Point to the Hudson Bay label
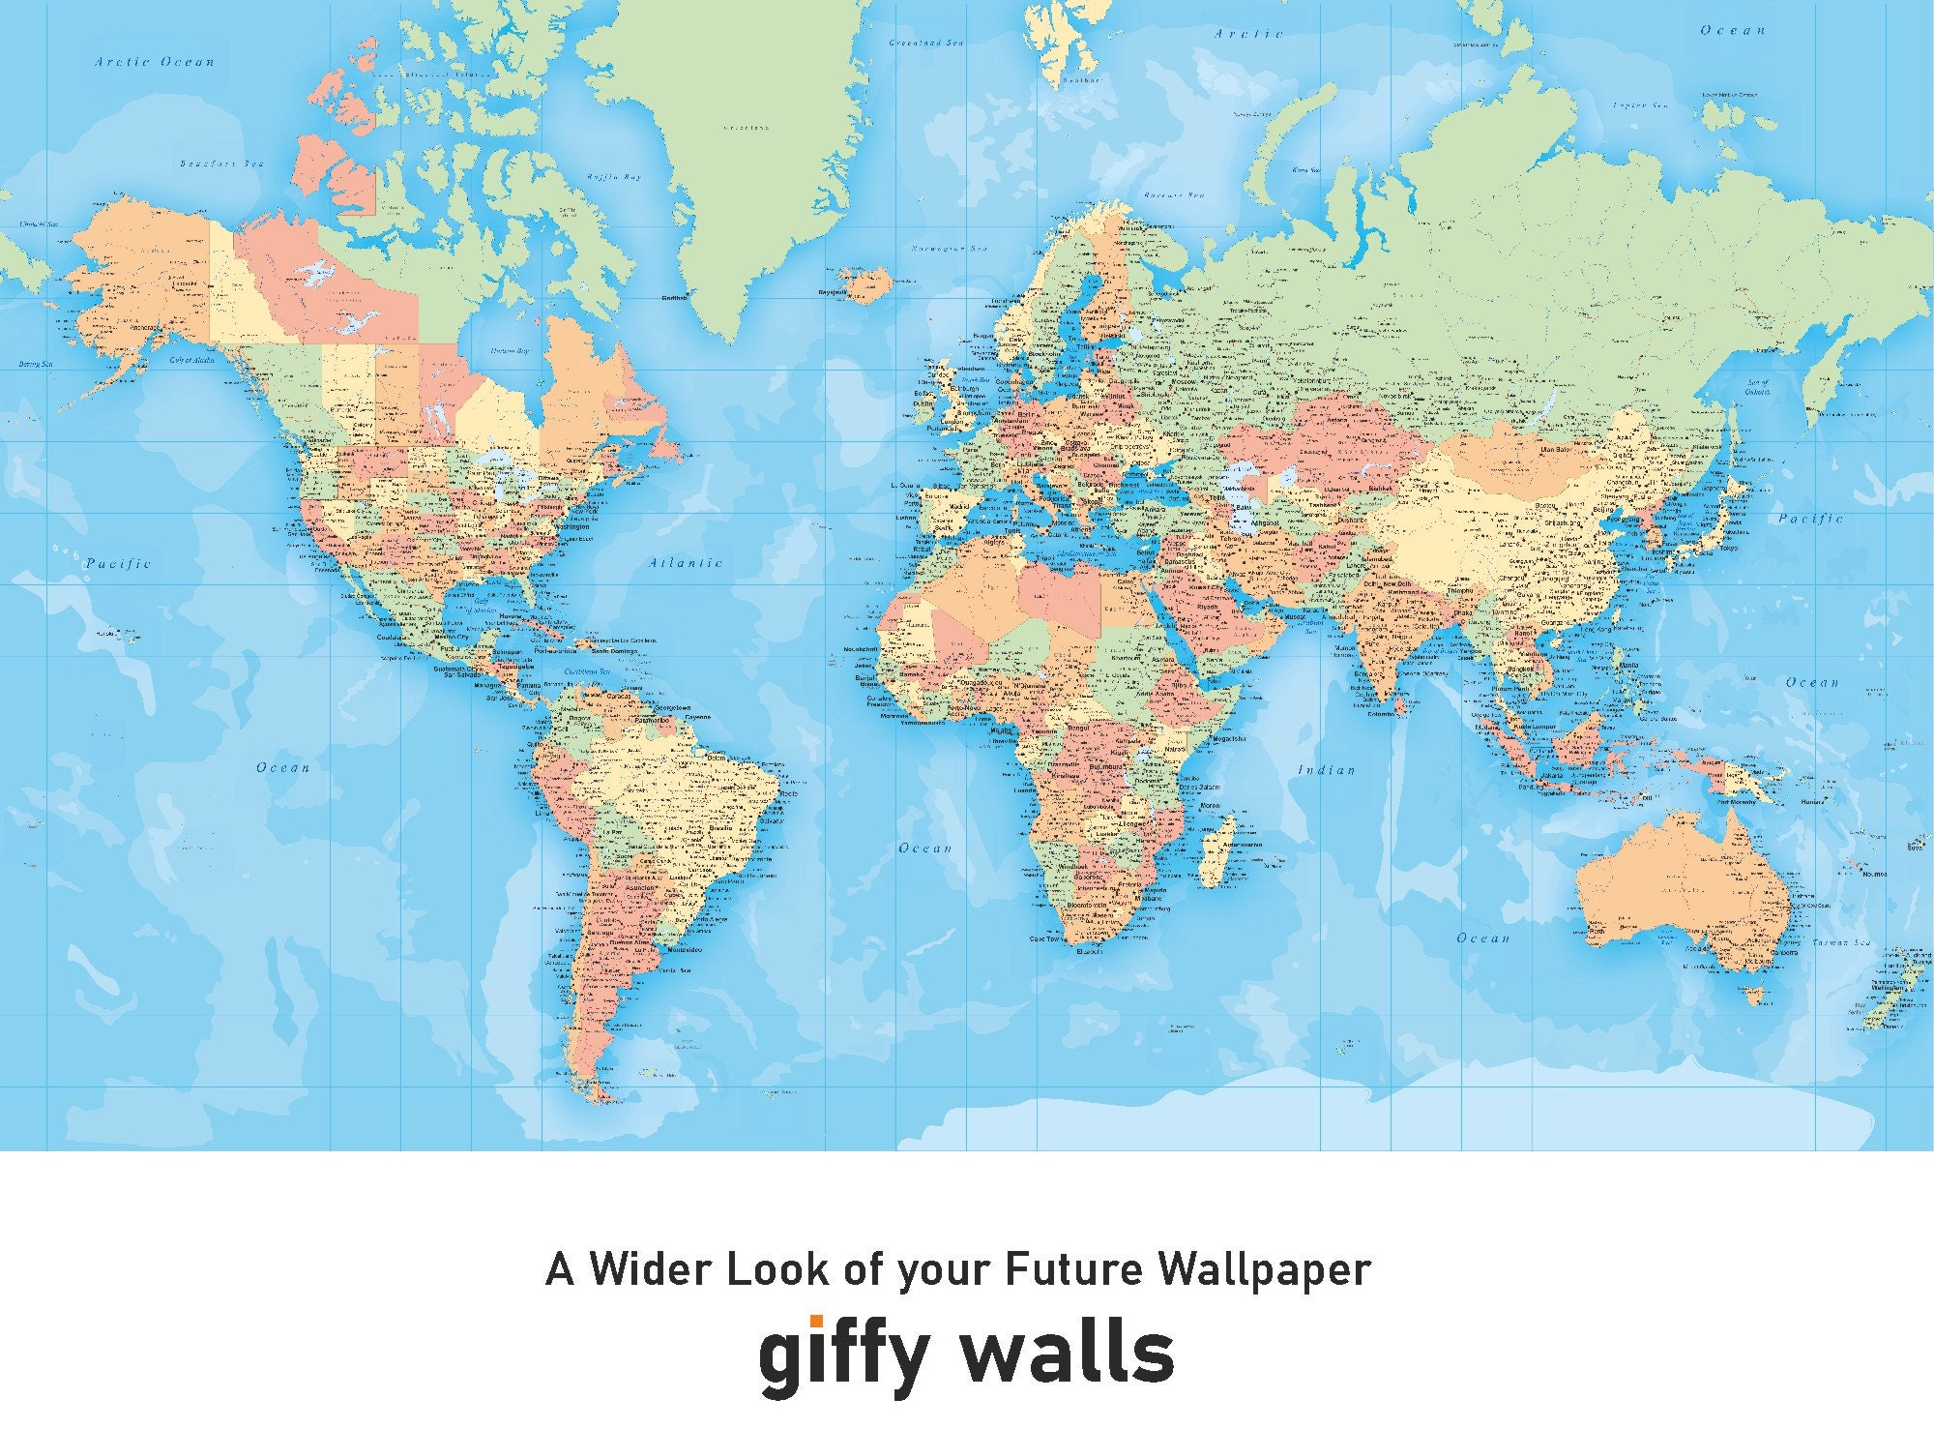509,351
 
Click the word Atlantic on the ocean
686,562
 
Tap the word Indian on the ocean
1327,770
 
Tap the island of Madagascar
1226,839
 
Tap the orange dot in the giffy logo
816,1322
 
